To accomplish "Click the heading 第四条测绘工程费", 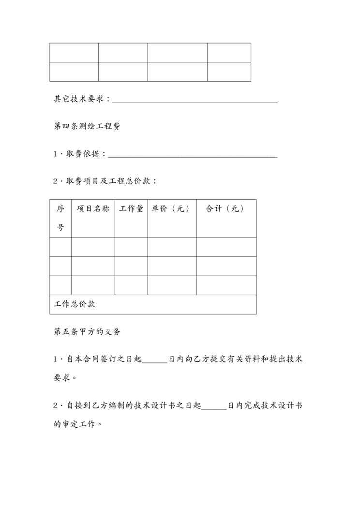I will pyautogui.click(x=87, y=127).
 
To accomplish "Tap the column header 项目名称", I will pyautogui.click(x=93, y=209).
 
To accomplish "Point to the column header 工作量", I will pyautogui.click(x=131, y=209).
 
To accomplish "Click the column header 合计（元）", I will pyautogui.click(x=225, y=209).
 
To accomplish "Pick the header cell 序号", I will pyautogui.click(x=60, y=218).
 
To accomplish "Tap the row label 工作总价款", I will pyautogui.click(x=75, y=304).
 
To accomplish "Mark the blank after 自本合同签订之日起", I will pyautogui.click(x=155, y=360).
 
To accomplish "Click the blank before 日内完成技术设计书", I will pyautogui.click(x=213, y=405).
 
